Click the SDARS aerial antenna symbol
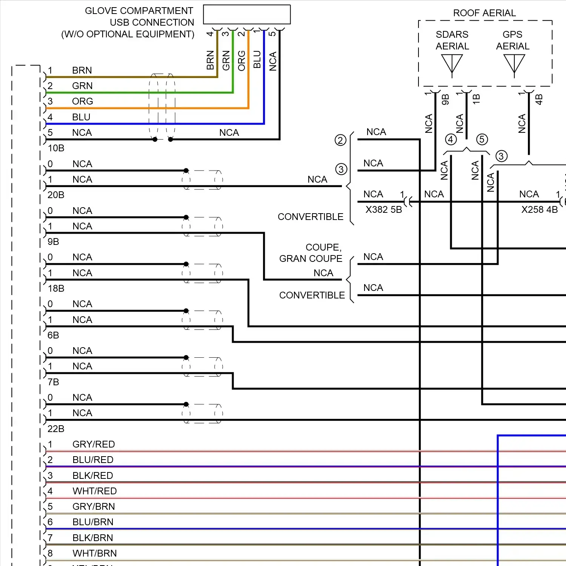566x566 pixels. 452,64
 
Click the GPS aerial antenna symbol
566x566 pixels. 514,64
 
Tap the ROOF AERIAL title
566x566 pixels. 484,13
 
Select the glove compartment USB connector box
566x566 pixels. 247,15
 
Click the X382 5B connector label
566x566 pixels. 383,210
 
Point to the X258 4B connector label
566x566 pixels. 539,210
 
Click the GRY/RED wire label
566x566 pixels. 94,444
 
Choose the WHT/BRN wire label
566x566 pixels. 94,553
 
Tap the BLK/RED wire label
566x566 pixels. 93,475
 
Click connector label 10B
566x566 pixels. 56,148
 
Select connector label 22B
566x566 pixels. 56,429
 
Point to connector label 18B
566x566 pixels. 56,289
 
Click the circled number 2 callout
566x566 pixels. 340,140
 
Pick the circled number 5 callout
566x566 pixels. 482,139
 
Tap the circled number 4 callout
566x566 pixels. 451,139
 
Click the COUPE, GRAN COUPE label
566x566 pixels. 311,253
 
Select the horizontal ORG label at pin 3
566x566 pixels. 82,102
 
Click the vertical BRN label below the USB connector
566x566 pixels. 210,60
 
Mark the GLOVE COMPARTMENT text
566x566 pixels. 139,11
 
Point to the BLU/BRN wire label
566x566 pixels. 93,522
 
